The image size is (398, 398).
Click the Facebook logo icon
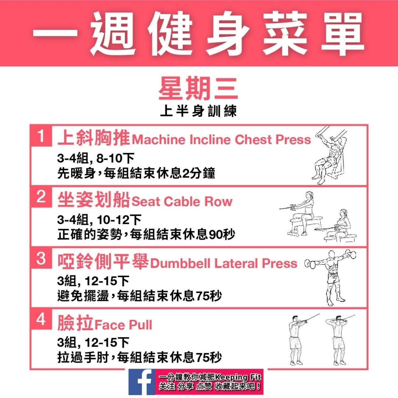[141, 382]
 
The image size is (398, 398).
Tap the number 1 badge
[41, 136]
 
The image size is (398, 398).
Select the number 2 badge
[41, 197]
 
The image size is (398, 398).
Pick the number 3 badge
[41, 258]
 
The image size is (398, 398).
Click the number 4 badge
[41, 319]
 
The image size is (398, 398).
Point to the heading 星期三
[198, 89]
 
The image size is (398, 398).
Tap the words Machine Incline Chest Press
[221, 140]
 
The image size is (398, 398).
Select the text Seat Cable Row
[182, 201]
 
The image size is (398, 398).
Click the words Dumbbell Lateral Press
[224, 263]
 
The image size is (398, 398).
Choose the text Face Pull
[123, 325]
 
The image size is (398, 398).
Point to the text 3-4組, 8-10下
[96, 158]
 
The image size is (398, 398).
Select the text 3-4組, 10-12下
[99, 220]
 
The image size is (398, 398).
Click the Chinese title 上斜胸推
[93, 137]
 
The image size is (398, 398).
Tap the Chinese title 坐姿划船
[93, 199]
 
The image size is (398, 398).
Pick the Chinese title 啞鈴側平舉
[103, 261]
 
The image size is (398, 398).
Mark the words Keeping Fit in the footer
[238, 377]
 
